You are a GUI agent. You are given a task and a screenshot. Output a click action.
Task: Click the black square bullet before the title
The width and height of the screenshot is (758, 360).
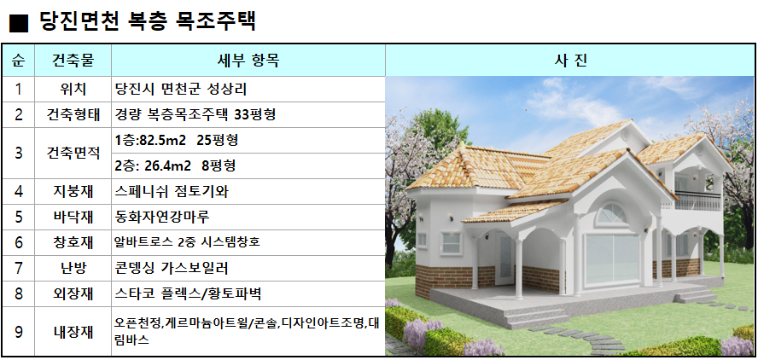19,23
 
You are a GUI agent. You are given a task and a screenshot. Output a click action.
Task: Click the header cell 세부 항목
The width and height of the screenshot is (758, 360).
248,61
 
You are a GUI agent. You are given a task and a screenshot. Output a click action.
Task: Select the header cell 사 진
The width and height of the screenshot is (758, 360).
570,61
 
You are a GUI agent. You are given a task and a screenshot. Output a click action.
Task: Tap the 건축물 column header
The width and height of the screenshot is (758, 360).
73,61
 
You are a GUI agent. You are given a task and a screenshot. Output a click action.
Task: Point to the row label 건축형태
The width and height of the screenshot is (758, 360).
73,114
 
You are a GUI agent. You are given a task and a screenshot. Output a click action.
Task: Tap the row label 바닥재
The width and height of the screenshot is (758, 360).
73,217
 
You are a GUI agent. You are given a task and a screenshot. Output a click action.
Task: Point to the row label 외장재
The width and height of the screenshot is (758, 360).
73,293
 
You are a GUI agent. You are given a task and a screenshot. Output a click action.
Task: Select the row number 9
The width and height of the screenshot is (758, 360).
19,332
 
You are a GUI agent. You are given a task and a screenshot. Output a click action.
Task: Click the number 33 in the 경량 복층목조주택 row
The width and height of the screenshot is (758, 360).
242,114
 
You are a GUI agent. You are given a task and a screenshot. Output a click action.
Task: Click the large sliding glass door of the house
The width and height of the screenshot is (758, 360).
612,258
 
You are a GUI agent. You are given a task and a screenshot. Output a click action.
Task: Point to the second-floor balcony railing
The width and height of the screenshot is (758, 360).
697,200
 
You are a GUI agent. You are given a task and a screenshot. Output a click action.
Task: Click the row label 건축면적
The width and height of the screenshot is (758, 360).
73,154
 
